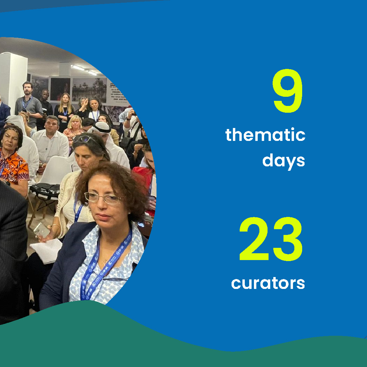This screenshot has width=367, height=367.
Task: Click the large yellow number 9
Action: coord(288,91)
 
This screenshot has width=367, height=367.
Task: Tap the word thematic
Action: coord(265,135)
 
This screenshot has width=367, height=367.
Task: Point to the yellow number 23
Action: coord(271,239)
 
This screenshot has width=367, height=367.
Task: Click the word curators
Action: coord(268,283)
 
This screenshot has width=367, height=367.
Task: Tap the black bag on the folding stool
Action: coord(45,190)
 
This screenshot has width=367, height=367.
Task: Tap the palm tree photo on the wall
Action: coord(89,90)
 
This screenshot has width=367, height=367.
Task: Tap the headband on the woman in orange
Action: coord(11,129)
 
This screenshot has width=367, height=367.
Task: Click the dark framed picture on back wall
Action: coord(60,89)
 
